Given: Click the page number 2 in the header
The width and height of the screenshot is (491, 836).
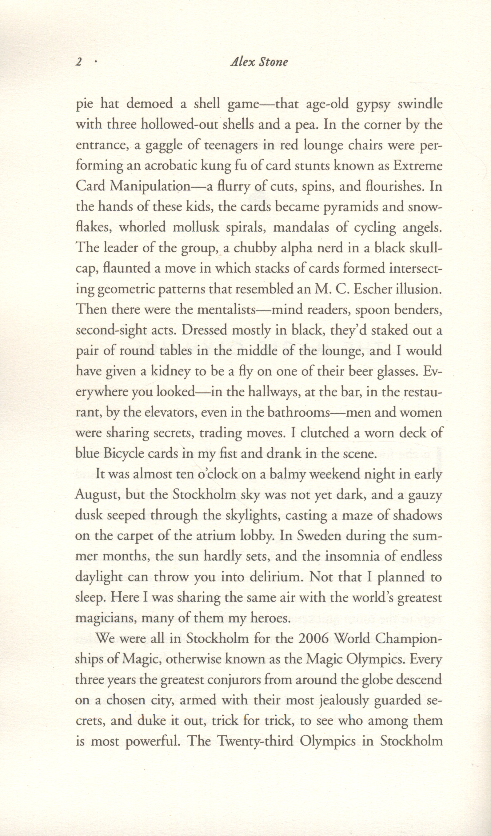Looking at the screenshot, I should [79, 62].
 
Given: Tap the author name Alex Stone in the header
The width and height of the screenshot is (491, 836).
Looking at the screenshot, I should [259, 62].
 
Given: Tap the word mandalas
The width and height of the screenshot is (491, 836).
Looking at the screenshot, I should [305, 228].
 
